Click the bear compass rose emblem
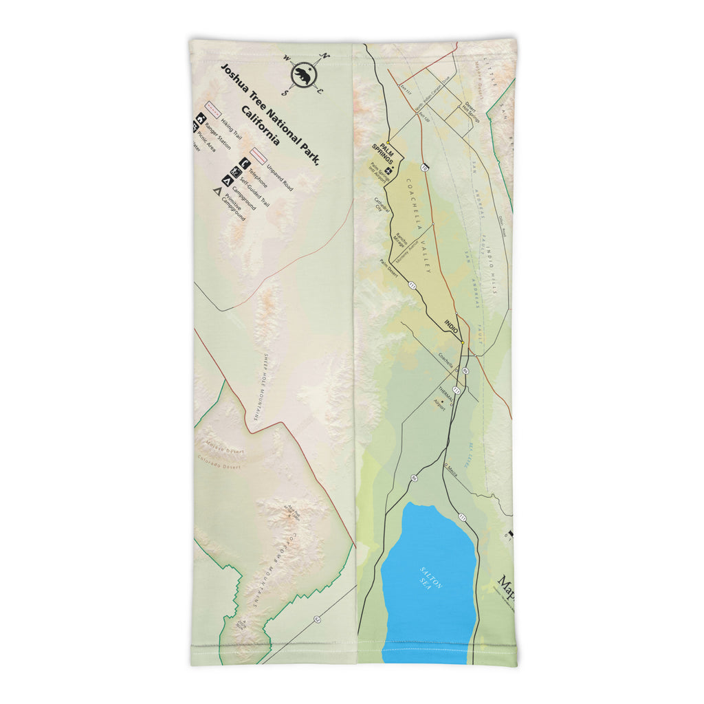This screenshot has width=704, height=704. click(x=302, y=74)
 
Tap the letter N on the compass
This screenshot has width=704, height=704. click(x=326, y=57)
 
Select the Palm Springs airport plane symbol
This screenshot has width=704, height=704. click(x=389, y=170)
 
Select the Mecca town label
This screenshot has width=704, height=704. click(x=452, y=467)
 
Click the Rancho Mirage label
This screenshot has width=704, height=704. click(x=399, y=240)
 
